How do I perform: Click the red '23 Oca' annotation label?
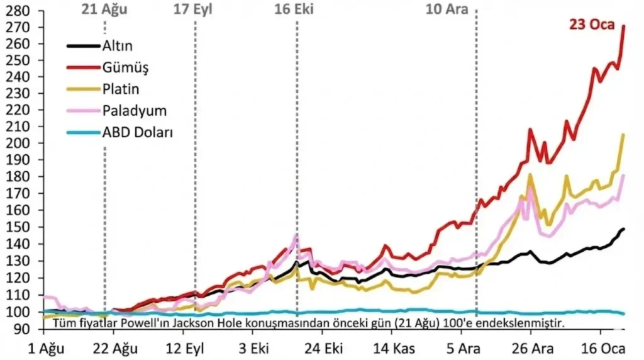pyautogui.click(x=592, y=25)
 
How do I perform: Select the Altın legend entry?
pyautogui.click(x=100, y=45)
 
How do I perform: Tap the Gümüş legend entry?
pyautogui.click(x=108, y=67)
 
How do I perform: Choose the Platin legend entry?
pyautogui.click(x=103, y=89)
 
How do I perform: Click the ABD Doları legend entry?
pyautogui.click(x=120, y=132)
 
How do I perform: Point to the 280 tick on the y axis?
pyautogui.click(x=18, y=11)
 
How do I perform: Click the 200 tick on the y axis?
pyautogui.click(x=18, y=143)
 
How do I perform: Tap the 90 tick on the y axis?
pyautogui.click(x=22, y=329)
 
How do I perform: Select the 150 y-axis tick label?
pyautogui.click(x=18, y=227)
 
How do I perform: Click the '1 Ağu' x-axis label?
pyautogui.click(x=45, y=349)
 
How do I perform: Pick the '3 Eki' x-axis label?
pyautogui.click(x=254, y=349)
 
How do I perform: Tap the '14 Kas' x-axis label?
pyautogui.click(x=394, y=349)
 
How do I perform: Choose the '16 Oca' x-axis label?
pyautogui.click(x=603, y=349)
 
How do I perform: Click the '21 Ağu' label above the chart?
pyautogui.click(x=104, y=9)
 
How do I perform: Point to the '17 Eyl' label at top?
pyautogui.click(x=192, y=9)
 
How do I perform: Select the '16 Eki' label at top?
pyautogui.click(x=294, y=9)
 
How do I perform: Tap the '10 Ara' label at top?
pyautogui.click(x=447, y=9)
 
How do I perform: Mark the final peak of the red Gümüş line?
pyautogui.click(x=624, y=26)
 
